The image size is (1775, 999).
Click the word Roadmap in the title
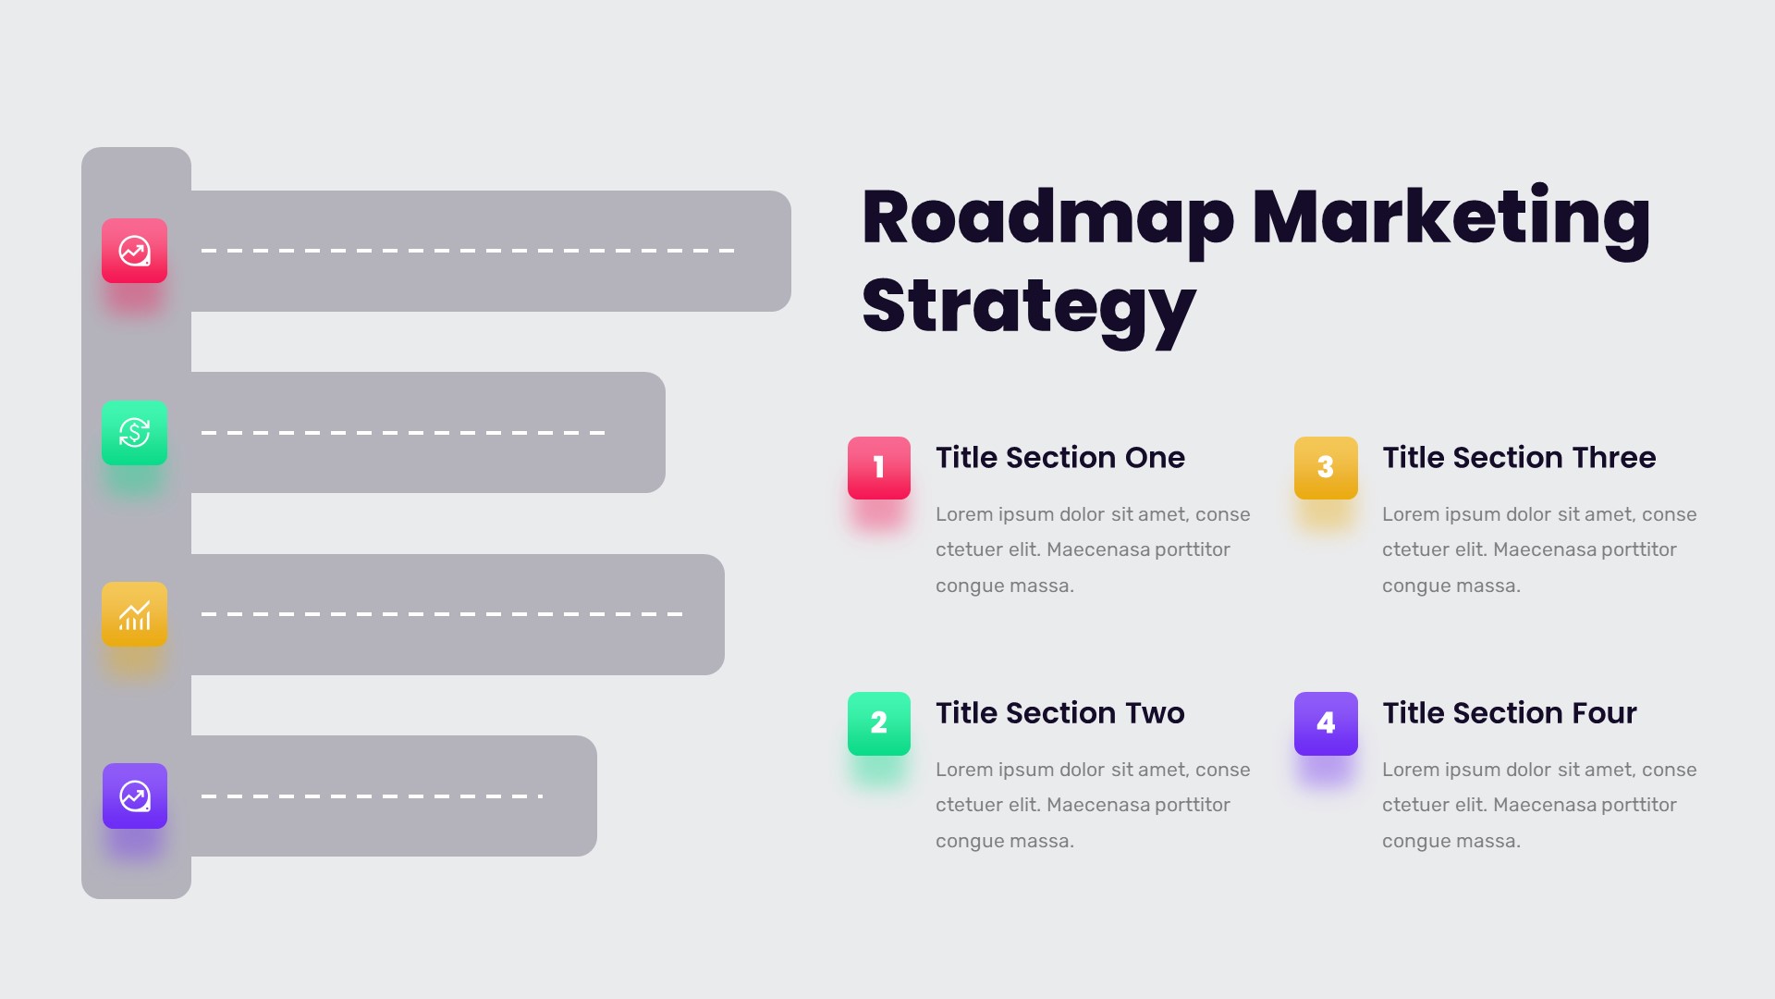coord(1047,218)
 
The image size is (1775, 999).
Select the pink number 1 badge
coord(878,468)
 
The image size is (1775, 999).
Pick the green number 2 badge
coord(878,723)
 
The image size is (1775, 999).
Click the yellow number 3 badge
coord(1326,468)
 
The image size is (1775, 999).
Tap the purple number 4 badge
coord(1326,723)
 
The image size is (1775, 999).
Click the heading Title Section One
coord(1059,458)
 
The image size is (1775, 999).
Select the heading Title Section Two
coord(1059,713)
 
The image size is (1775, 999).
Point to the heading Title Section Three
coord(1518,458)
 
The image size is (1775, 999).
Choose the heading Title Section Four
coord(1509,713)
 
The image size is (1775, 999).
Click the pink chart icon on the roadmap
coord(134,251)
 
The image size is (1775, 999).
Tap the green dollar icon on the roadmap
coord(134,432)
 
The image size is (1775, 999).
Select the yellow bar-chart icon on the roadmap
coord(134,614)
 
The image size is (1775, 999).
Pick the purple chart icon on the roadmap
coord(134,795)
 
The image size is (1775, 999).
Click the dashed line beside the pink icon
coord(467,251)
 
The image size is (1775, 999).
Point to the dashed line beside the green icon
coord(403,432)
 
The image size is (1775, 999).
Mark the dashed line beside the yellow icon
coord(442,614)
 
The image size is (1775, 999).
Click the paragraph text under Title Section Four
coord(1538,805)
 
